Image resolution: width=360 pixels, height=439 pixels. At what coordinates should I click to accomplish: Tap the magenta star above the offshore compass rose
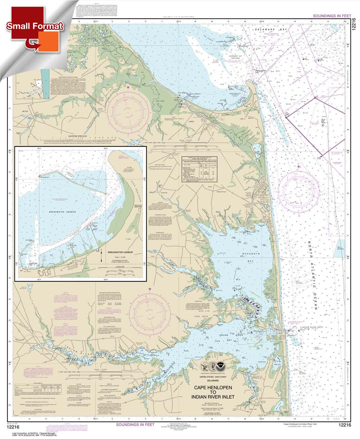pyautogui.click(x=299, y=167)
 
